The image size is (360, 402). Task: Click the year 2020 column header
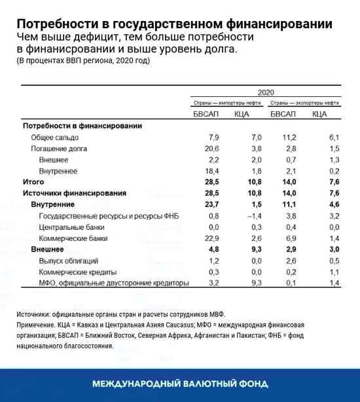click(x=266, y=93)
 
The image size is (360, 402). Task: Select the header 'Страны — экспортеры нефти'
click(x=304, y=103)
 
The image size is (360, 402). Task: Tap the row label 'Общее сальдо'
click(x=55, y=137)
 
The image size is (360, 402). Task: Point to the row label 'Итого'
click(x=33, y=182)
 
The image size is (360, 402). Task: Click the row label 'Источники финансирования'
click(x=74, y=194)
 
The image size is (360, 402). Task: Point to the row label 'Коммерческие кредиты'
click(x=78, y=272)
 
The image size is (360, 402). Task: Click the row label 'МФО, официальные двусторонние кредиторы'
click(x=114, y=283)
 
